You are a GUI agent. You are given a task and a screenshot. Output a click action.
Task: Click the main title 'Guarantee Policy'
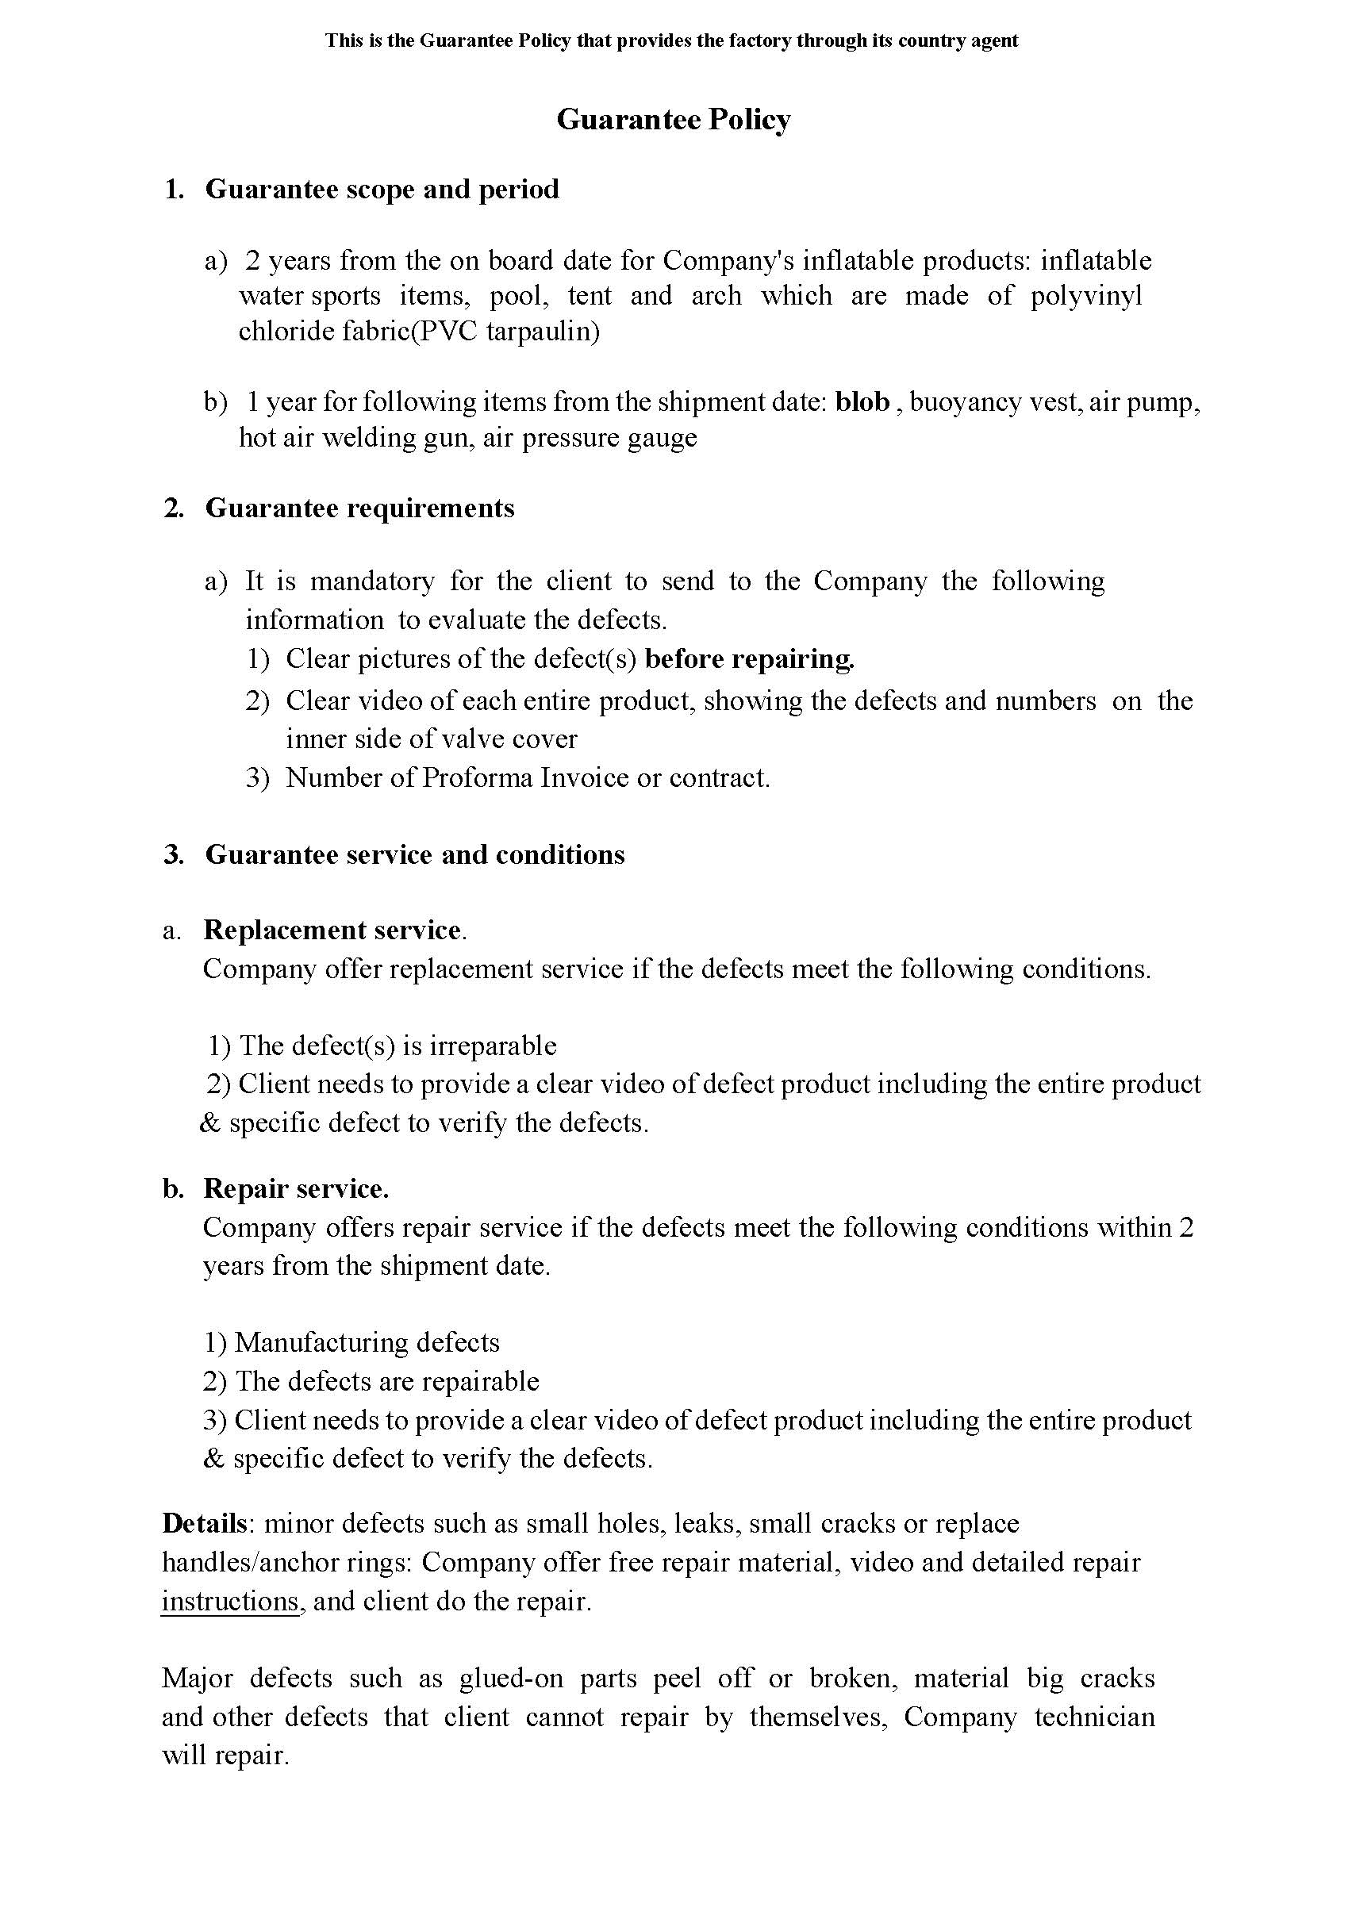[x=673, y=121]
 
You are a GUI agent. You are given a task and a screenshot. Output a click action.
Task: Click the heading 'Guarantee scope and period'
[x=382, y=190]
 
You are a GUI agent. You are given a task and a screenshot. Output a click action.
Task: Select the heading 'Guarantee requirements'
[x=359, y=508]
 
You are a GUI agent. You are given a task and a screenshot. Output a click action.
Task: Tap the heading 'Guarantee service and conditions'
[x=415, y=855]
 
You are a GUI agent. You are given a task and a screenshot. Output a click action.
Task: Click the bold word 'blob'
[x=862, y=402]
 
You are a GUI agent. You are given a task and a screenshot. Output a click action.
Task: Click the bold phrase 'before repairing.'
[x=750, y=659]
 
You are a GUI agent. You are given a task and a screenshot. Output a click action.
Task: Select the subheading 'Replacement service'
[x=332, y=930]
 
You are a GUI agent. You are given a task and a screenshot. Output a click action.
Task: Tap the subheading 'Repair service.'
[x=295, y=1188]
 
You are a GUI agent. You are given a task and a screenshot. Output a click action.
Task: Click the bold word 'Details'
[x=204, y=1523]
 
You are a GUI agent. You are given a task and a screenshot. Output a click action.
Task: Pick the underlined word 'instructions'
[x=230, y=1602]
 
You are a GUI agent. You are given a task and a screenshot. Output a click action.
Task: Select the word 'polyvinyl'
[x=1086, y=297]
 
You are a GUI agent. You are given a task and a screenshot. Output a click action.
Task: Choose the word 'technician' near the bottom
[x=1095, y=1717]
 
